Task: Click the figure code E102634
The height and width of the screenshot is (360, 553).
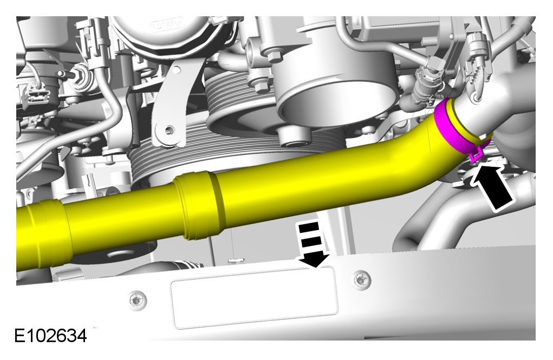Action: [50, 336]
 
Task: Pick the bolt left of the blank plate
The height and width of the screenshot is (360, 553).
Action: [136, 300]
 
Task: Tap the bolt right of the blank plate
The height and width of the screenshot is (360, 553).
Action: [360, 279]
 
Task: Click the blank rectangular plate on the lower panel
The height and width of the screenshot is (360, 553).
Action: [254, 297]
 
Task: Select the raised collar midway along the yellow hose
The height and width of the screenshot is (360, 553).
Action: [199, 206]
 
